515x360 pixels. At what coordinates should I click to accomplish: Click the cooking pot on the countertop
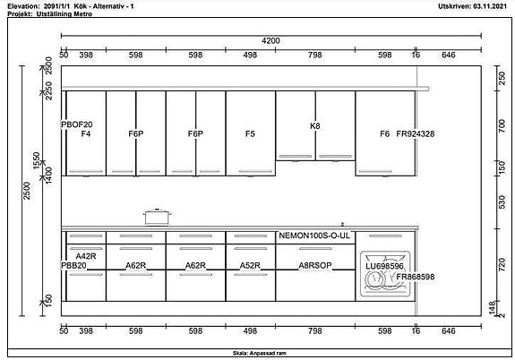pos(158,216)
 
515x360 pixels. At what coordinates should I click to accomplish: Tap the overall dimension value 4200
pos(270,40)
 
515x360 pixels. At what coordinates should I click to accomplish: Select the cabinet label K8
pos(314,125)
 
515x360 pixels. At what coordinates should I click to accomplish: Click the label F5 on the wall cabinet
pos(250,133)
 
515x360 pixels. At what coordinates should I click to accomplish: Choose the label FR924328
pos(415,133)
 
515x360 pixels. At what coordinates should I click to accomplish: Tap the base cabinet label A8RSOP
pos(315,266)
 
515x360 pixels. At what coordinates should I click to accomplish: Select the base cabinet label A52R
pos(250,266)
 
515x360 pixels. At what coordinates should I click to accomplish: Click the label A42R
pos(86,257)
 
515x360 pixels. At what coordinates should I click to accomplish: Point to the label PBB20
pos(73,266)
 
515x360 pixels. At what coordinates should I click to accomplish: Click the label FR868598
pos(415,277)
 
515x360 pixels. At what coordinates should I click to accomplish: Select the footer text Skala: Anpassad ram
pos(257,354)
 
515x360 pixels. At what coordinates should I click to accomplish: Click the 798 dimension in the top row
pos(315,55)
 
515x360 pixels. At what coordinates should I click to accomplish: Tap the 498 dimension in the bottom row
pos(250,331)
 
